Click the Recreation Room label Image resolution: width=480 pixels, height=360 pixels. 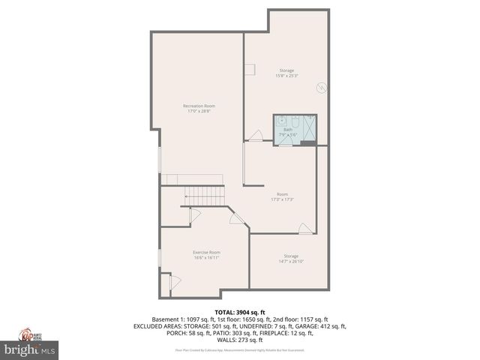point(199,106)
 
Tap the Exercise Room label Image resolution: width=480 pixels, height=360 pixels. point(206,252)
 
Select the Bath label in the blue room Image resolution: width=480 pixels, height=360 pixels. point(287,129)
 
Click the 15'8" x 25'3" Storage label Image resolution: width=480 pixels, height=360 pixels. point(287,71)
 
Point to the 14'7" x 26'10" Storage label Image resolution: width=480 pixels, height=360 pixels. point(291,256)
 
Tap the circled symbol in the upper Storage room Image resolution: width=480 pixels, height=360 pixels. point(320,88)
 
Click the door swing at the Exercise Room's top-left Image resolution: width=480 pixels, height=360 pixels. point(195,215)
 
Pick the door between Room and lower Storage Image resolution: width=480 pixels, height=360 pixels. point(305,228)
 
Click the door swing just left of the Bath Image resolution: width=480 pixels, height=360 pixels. point(256,136)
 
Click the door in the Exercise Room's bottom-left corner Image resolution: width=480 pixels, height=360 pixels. point(175,282)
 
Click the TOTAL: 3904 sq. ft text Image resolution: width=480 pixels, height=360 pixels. point(240,312)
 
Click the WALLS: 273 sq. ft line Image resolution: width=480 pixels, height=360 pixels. point(240,340)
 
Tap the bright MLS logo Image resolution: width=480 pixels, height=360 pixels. point(30,349)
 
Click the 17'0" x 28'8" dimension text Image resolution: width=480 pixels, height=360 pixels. point(199,112)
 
